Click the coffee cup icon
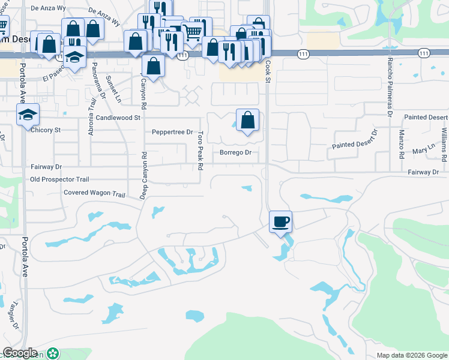[x=280, y=222]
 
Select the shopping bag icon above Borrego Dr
[x=247, y=120]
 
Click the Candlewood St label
[x=118, y=118]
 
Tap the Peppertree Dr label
[x=172, y=132]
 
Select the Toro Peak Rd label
[x=200, y=150]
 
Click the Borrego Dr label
[x=235, y=152]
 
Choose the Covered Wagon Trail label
[x=94, y=193]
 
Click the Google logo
[x=20, y=353]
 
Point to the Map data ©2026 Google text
[x=411, y=355]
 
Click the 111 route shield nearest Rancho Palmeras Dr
[x=424, y=53]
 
